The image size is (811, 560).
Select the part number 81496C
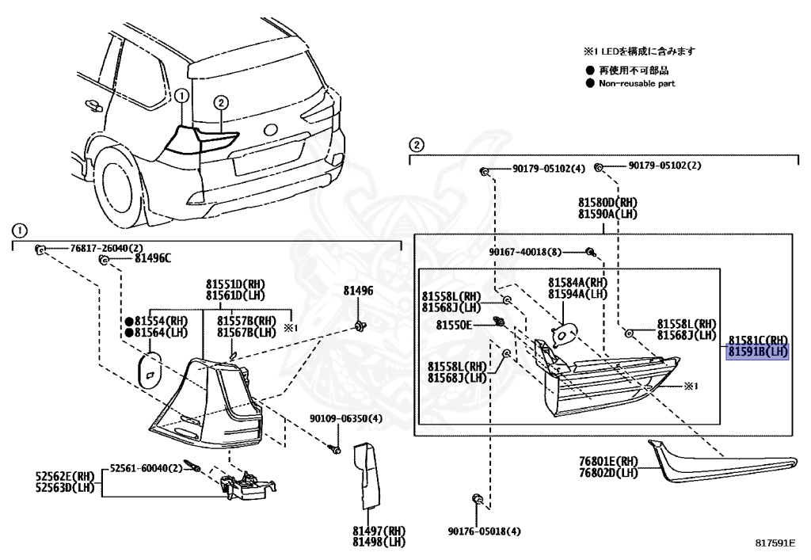152,258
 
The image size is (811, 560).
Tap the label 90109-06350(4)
345,419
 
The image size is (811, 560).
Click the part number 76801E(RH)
607,461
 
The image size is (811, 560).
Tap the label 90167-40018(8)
524,252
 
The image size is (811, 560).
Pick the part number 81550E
454,325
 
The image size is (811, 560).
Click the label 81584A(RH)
577,282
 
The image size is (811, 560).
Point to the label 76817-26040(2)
93,249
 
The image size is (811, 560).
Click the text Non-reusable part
637,83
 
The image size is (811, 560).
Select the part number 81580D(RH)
607,202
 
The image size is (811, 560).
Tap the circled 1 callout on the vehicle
181,96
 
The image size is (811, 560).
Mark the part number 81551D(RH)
234,284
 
